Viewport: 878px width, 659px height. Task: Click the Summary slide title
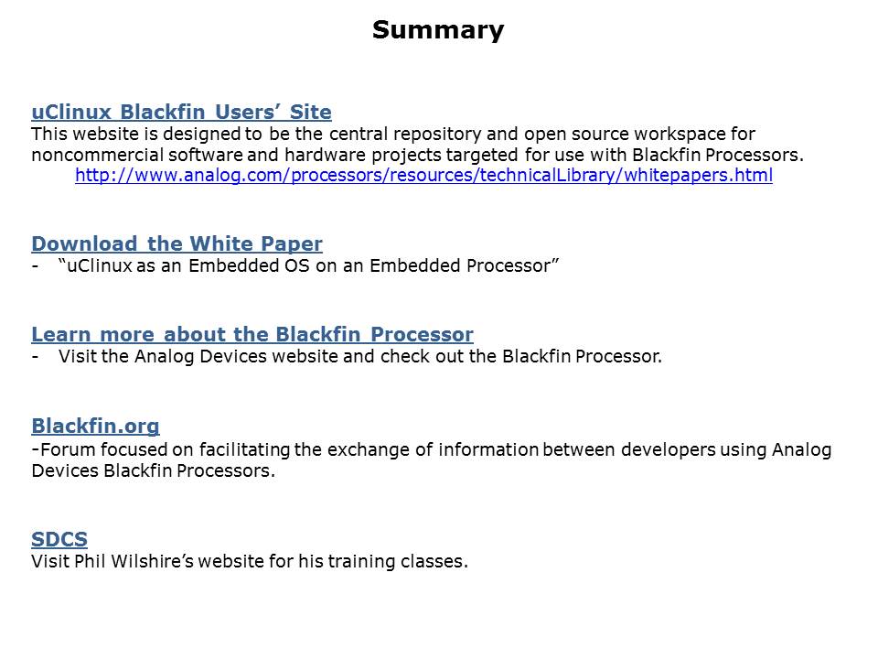[x=438, y=30]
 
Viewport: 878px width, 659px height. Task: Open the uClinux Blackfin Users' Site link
[x=181, y=112]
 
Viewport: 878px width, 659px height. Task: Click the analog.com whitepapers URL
[x=423, y=176]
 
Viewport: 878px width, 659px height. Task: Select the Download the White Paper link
[x=177, y=243]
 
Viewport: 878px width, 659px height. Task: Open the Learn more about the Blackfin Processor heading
[x=252, y=335]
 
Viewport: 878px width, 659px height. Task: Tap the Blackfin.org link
[x=95, y=427]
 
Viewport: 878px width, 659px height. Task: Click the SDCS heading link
[x=59, y=539]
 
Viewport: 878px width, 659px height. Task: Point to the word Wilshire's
[x=152, y=561]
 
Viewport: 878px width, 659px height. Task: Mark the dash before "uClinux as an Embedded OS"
[x=36, y=266]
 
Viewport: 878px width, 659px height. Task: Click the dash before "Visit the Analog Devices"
[x=36, y=357]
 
